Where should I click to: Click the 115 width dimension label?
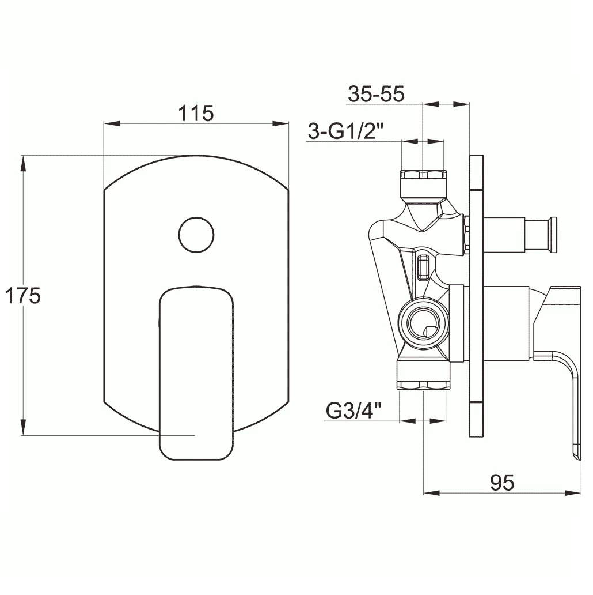point(196,113)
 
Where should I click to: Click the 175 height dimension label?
point(22,296)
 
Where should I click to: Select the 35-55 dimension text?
point(377,94)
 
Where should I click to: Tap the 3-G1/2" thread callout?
point(346,131)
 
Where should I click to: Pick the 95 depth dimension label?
point(502,483)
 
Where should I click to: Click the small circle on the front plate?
point(196,235)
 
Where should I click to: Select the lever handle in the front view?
point(196,373)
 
